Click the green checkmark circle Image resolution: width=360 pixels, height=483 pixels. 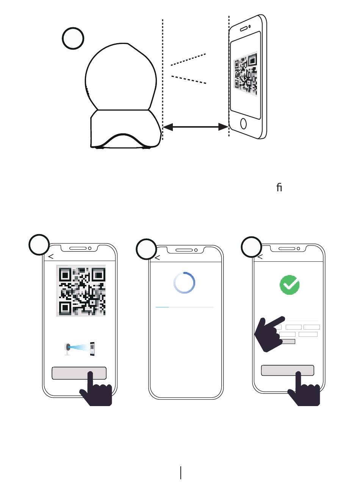[x=290, y=285]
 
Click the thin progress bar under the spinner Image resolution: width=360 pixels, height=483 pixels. [x=185, y=307]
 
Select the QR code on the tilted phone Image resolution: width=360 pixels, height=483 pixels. [x=246, y=73]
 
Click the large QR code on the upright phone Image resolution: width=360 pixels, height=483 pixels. [x=81, y=291]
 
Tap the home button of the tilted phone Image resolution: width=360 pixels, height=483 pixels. [x=243, y=124]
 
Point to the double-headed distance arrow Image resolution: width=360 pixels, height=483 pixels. [x=196, y=127]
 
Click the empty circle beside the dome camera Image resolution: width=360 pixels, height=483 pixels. [x=73, y=38]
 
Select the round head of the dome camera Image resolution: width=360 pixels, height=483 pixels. [x=121, y=76]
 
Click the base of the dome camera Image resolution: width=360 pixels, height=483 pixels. [x=126, y=129]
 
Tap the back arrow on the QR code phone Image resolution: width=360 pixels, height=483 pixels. [x=51, y=257]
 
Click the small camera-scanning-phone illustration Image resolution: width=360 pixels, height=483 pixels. [x=80, y=349]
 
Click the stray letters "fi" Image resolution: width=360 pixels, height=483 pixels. [x=279, y=187]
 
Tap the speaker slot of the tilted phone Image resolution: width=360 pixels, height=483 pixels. [x=244, y=29]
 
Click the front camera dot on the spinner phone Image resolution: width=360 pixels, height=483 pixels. [x=196, y=250]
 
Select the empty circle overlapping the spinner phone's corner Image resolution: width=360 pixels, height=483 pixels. [x=146, y=249]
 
